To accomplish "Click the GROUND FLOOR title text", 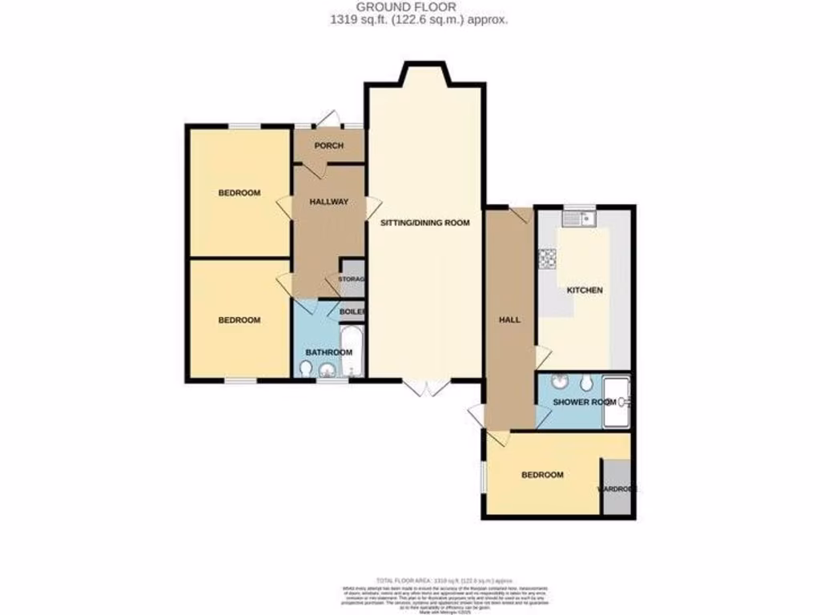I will [409, 6].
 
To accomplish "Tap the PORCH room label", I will [329, 146].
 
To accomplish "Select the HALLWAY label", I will [329, 202].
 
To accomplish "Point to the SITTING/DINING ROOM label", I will [424, 223].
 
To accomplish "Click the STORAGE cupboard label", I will [352, 279].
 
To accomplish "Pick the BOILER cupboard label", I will [352, 312].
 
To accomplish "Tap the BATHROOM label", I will [329, 352].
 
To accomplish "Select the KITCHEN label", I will [585, 290].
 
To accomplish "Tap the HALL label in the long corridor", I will [509, 320].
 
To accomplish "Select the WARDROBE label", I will [618, 488].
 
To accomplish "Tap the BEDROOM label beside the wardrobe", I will [542, 475].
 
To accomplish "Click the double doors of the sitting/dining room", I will [426, 388].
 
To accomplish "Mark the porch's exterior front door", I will [328, 120].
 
